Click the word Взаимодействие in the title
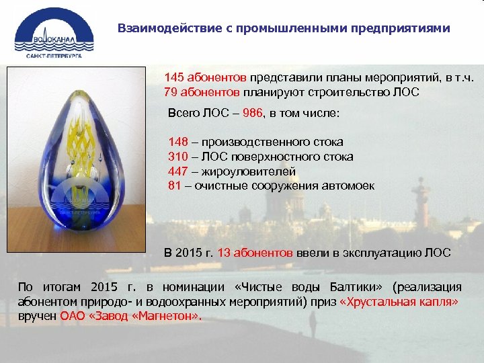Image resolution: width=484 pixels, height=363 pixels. pos(159,29)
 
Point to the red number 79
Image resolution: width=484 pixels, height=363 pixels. pos(170,92)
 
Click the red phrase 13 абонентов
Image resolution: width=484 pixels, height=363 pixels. pos(255,253)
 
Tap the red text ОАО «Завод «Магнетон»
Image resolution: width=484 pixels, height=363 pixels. pos(130,316)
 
